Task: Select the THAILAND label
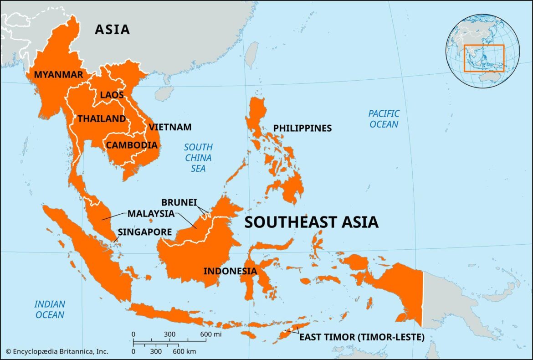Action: coord(102,119)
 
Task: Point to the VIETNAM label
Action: coord(170,127)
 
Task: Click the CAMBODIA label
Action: coord(132,145)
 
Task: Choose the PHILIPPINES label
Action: coord(302,129)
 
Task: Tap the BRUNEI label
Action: coord(178,202)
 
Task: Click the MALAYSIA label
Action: coord(151,213)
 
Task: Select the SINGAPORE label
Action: coord(145,232)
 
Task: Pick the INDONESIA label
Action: coord(230,271)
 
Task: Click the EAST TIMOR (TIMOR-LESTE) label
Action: coord(362,338)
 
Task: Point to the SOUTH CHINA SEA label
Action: coord(198,158)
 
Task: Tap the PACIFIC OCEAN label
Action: coord(384,119)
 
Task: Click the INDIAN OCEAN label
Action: coord(50,309)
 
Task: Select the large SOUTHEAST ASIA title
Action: coord(311,222)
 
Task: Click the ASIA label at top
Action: coord(112,30)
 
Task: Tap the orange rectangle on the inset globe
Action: coord(484,58)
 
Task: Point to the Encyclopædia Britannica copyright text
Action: coord(57,351)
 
